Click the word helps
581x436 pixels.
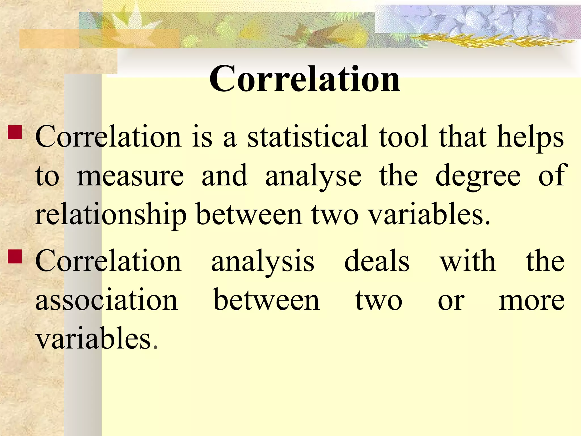click(530, 138)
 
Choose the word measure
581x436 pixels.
click(130, 176)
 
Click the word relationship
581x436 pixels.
click(111, 215)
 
